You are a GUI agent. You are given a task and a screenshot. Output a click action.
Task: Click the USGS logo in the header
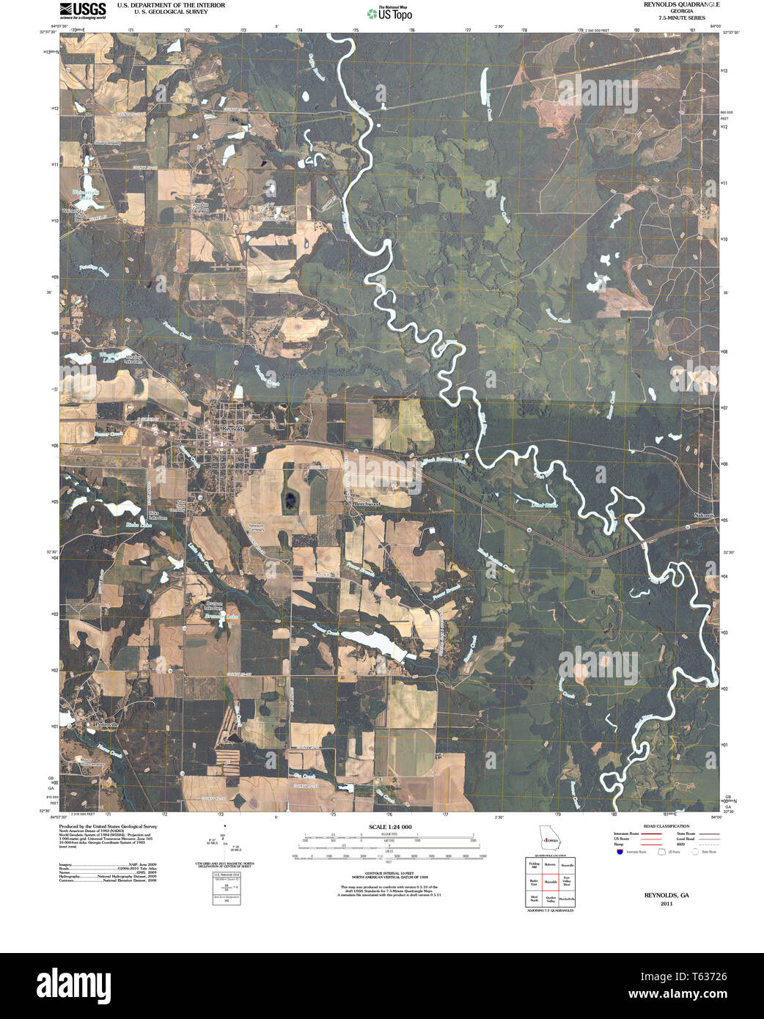tap(82, 10)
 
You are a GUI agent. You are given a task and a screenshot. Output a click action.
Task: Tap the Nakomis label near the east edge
tap(704, 516)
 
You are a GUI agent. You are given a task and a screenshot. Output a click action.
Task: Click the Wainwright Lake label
tap(85, 196)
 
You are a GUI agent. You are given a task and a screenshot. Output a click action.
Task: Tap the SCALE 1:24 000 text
tap(389, 827)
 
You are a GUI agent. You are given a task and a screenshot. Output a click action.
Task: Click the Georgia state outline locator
tap(548, 837)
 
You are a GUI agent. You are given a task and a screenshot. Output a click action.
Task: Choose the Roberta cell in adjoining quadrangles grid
tap(551, 865)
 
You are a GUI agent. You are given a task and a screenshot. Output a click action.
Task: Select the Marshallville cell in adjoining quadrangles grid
tap(567, 899)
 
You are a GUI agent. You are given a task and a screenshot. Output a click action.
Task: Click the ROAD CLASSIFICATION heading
tap(666, 826)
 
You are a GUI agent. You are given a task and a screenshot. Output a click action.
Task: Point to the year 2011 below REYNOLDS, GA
tap(666, 904)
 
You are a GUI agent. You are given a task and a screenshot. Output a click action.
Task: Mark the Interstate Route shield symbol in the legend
tap(620, 852)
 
